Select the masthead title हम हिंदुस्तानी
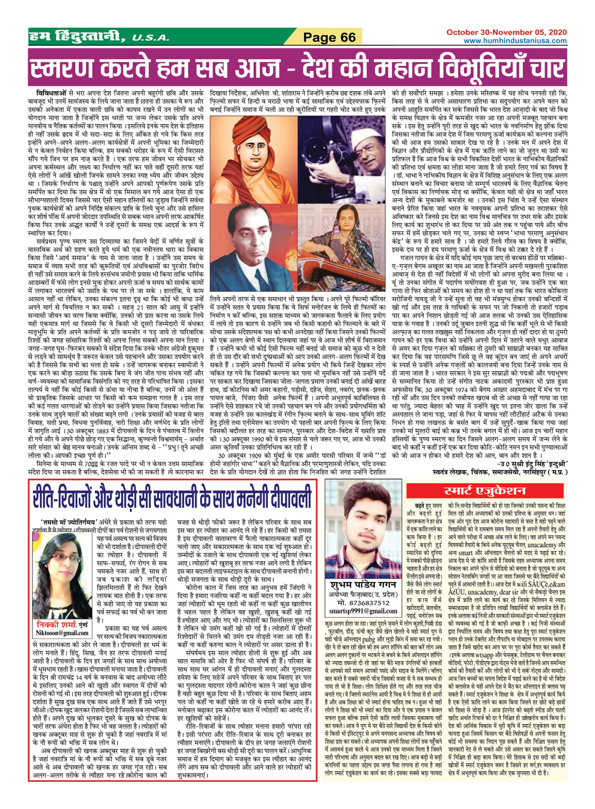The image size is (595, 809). pos(79,37)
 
